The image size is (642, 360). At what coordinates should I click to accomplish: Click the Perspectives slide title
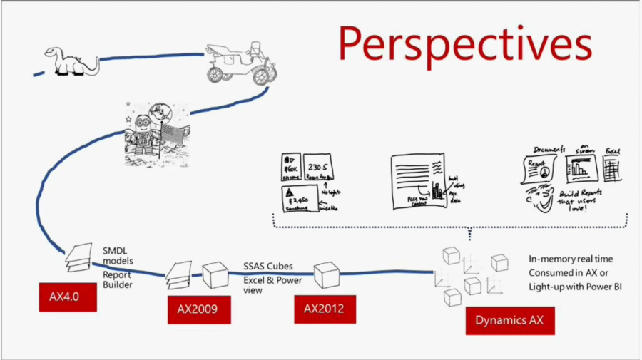(464, 44)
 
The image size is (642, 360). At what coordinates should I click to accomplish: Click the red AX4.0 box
(68, 297)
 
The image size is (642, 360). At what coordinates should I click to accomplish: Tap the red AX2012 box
(325, 309)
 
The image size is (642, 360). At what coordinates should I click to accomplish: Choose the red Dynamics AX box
(509, 320)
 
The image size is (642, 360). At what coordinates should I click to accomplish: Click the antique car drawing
(240, 63)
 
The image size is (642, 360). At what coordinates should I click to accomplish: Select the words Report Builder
(116, 279)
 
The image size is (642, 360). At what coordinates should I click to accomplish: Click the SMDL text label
(115, 252)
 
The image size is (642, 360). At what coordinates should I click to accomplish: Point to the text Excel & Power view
(272, 285)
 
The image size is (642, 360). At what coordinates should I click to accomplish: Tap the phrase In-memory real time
(571, 259)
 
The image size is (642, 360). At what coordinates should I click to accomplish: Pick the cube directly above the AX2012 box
(326, 274)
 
